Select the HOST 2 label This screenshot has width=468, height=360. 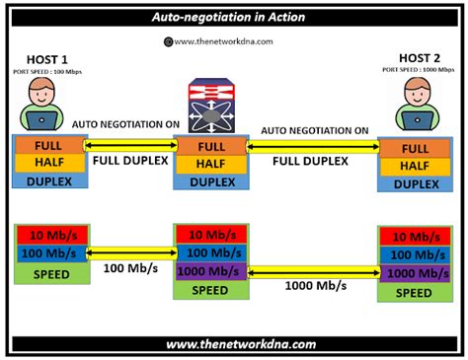tap(415, 59)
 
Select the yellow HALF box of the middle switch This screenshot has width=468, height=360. tap(209, 164)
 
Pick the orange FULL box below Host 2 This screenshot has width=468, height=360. tap(411, 148)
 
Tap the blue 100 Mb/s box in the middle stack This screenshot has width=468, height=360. tap(209, 252)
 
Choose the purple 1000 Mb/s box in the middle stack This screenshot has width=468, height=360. tap(209, 271)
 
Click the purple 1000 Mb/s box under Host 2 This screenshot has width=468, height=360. tap(411, 273)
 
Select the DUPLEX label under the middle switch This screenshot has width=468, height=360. tap(209, 182)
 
